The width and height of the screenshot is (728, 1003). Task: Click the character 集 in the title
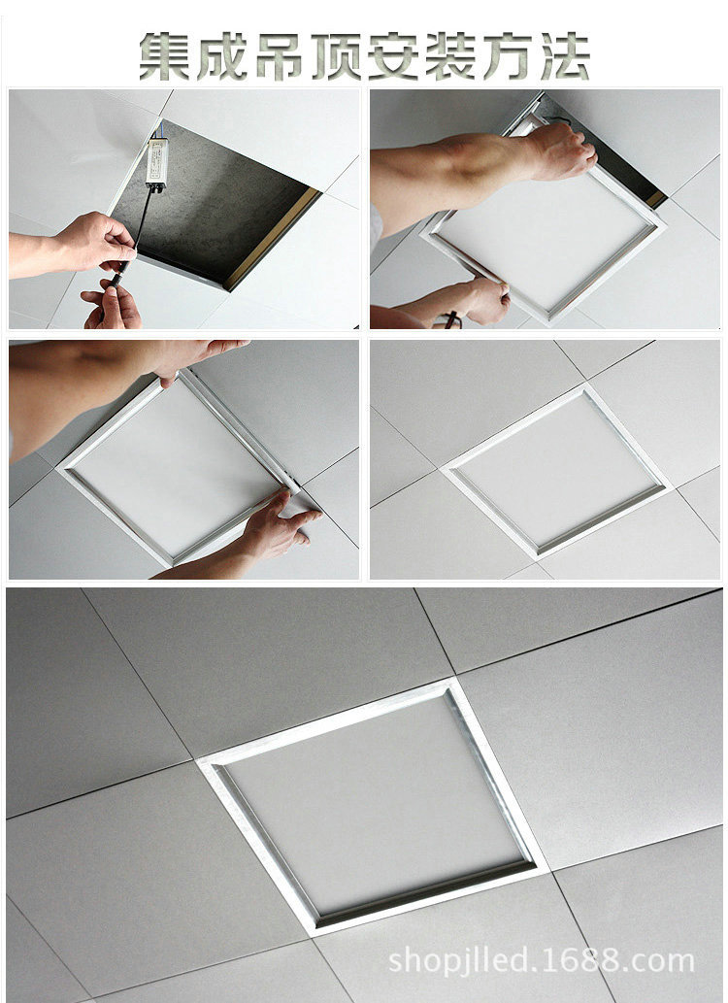(x=165, y=56)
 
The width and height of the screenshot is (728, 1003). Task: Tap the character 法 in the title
(x=565, y=56)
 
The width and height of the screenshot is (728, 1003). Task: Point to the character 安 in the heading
(x=393, y=56)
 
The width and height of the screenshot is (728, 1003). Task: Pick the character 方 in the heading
(x=508, y=56)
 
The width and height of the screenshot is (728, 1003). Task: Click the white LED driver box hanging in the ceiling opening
(x=156, y=163)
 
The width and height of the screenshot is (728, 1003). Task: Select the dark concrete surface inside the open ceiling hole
(x=211, y=195)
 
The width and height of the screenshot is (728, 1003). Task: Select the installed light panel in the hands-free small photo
(x=555, y=470)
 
